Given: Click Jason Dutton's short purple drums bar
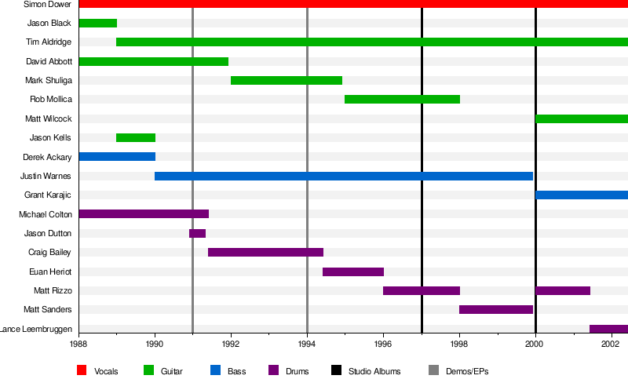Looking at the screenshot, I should click(x=197, y=233).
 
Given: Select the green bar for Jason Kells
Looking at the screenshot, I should click(x=136, y=137).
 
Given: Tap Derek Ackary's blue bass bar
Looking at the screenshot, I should click(x=117, y=157).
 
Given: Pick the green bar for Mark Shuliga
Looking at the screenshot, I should click(x=287, y=80).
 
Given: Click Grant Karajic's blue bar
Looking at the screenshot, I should click(x=581, y=195).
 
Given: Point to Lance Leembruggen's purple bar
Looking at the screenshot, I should click(x=608, y=329).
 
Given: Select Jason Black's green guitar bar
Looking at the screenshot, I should click(x=98, y=23).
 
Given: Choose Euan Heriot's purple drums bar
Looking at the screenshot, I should click(x=353, y=271).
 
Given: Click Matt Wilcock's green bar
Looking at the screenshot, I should click(x=581, y=118).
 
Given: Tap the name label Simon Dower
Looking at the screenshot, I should click(x=48, y=4).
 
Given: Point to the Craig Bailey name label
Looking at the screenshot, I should click(x=49, y=252).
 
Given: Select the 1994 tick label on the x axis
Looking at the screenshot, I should click(x=307, y=344).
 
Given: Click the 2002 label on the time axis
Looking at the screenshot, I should click(x=612, y=344).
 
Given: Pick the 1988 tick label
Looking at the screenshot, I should click(x=78, y=344).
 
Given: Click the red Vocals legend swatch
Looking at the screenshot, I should click(x=82, y=370).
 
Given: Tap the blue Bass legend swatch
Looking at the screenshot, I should click(x=215, y=370).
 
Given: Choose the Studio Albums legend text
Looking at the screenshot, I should click(x=374, y=370).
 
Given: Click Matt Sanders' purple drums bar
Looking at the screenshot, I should click(x=496, y=309).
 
